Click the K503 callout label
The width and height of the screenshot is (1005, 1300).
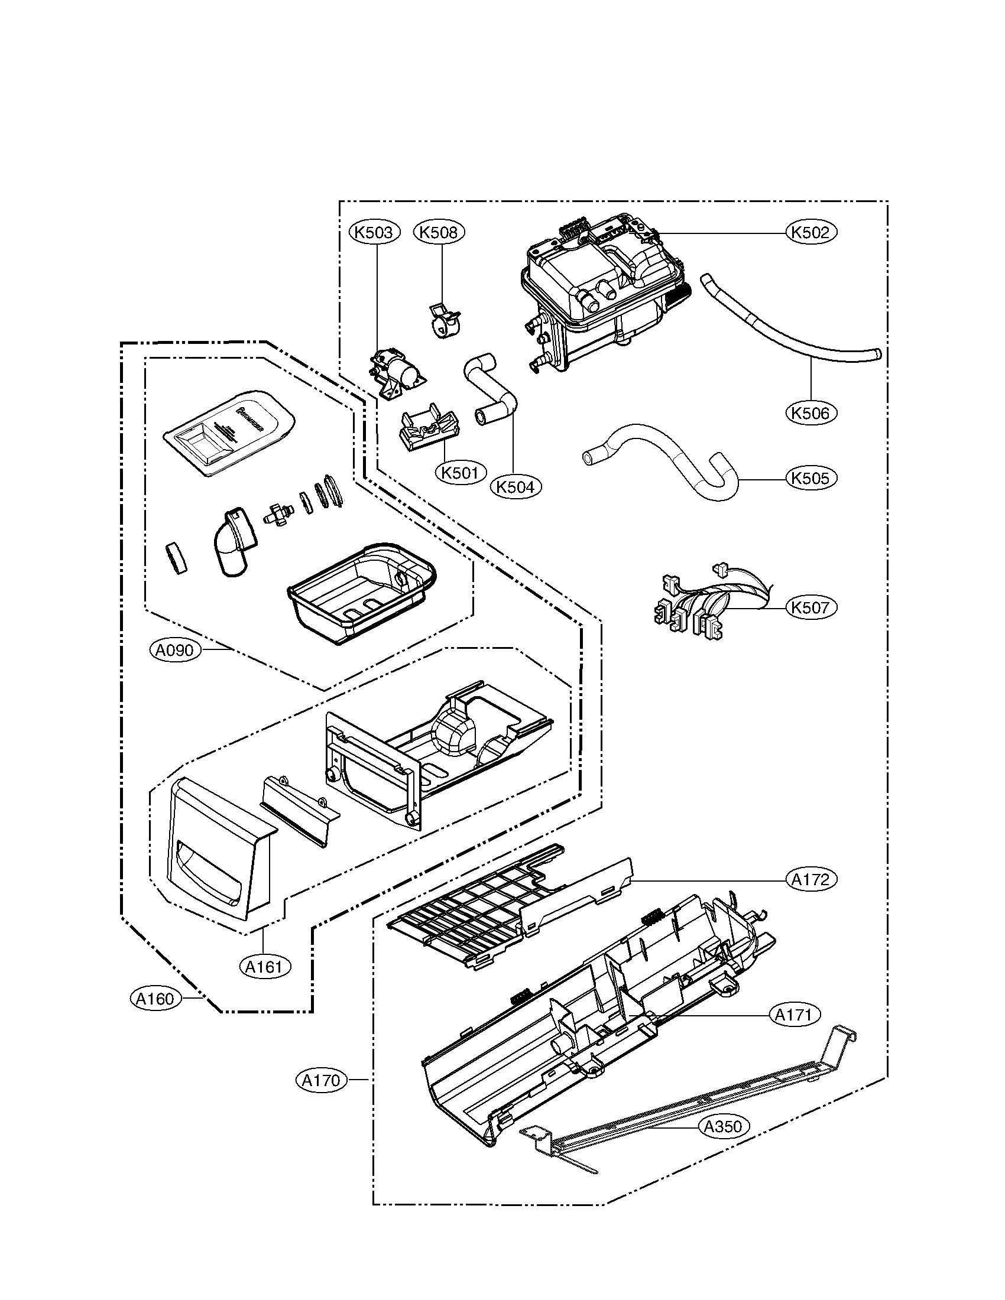374,232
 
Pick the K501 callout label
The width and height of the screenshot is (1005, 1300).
460,473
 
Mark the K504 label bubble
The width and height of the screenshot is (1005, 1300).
516,486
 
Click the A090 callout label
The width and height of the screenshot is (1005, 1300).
174,651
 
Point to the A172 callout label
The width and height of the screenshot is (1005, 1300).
811,879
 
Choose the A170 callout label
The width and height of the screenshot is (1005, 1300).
321,1080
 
